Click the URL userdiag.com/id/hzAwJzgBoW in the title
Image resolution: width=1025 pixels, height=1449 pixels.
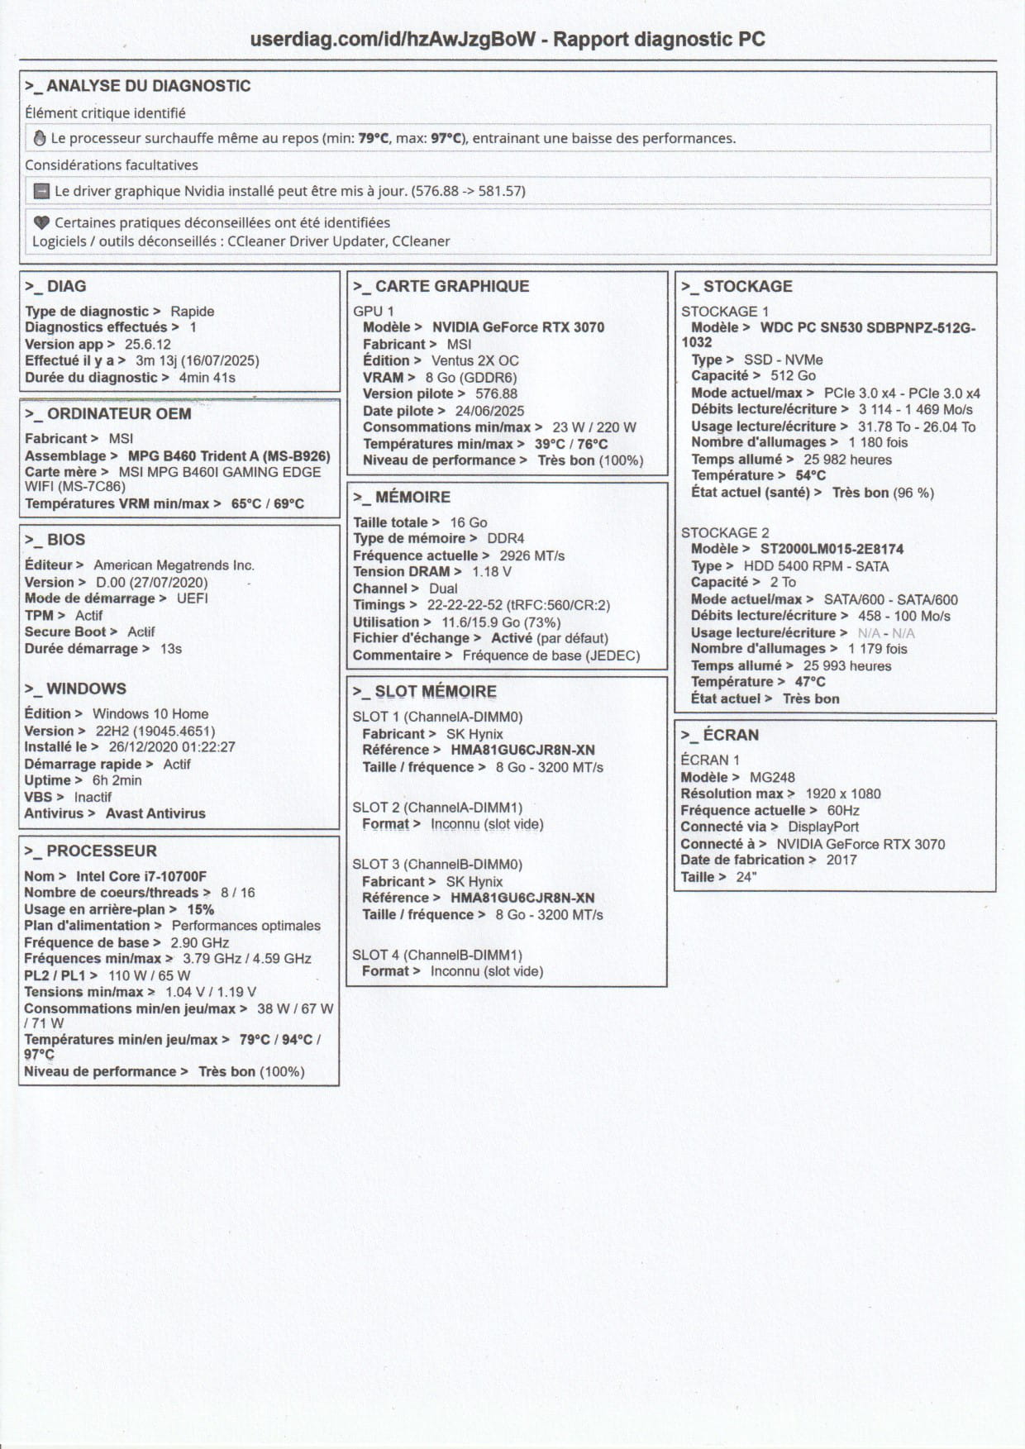(x=393, y=39)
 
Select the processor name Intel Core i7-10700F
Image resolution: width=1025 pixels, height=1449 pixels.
(x=141, y=876)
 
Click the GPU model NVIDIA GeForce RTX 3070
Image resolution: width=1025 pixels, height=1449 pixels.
(x=518, y=327)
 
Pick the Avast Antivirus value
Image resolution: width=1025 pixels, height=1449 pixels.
(x=155, y=813)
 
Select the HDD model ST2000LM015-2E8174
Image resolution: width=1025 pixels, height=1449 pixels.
(x=832, y=549)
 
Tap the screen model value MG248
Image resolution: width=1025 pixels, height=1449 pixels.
(x=772, y=777)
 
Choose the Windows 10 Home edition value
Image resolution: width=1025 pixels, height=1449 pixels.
(x=150, y=713)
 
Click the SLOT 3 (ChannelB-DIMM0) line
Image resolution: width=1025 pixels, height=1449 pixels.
(x=437, y=864)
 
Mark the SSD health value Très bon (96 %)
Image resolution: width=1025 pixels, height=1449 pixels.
(x=883, y=493)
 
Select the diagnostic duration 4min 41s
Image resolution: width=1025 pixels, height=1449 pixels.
(x=207, y=378)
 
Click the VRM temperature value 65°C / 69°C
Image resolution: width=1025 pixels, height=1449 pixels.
(x=268, y=503)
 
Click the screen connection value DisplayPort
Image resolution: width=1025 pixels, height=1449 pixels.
(x=823, y=827)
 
